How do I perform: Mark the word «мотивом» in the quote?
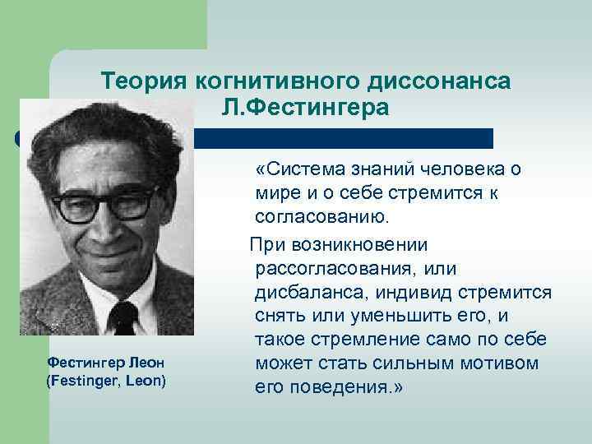click(493, 363)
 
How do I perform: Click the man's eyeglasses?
click(105, 201)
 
